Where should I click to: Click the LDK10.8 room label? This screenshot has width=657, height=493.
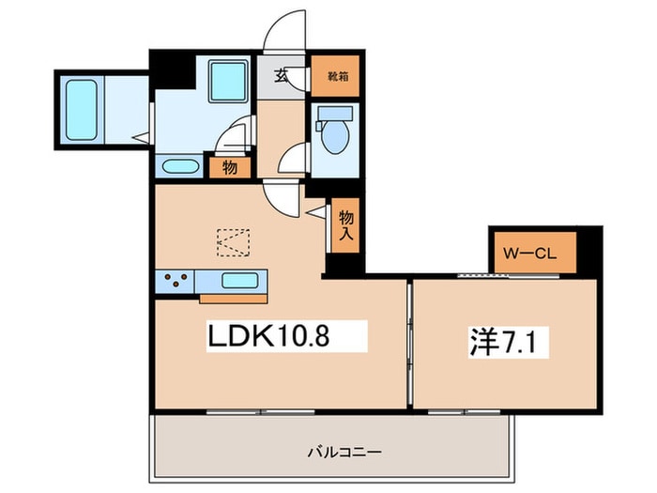268,336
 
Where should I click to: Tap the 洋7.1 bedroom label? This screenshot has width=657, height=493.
509,342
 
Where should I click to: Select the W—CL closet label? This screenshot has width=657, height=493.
529,254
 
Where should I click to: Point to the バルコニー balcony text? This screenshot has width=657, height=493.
344,452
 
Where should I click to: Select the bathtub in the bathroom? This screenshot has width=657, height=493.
82,110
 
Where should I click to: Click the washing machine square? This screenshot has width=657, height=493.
227,82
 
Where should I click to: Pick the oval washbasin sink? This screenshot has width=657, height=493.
180,166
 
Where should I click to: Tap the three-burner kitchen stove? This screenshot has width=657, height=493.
175,282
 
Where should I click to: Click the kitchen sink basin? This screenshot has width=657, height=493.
239,281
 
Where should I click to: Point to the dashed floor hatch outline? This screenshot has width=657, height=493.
233,242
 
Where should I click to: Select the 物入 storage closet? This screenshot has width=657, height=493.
345,225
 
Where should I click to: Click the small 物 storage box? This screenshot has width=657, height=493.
230,168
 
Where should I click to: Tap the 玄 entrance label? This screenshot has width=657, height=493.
281,76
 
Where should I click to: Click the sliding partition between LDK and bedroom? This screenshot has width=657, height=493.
410,344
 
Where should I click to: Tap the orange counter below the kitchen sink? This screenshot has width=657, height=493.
234,299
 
